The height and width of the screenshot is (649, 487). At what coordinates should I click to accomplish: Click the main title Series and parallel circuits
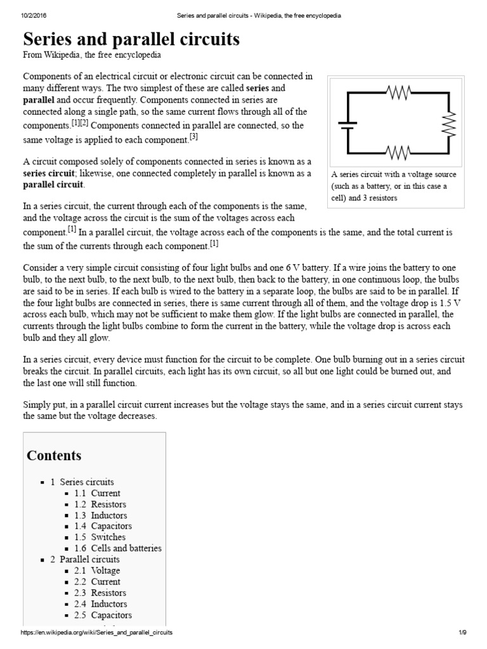(x=131, y=39)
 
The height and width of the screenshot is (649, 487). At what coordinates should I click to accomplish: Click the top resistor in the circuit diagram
(x=398, y=93)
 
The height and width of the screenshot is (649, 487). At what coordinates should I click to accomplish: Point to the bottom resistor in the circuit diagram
(x=398, y=153)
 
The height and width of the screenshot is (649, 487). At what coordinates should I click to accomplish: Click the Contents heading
(x=54, y=456)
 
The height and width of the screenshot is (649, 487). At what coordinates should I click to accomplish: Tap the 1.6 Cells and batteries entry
(x=117, y=548)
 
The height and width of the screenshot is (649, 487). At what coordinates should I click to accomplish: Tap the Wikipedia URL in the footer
(x=96, y=633)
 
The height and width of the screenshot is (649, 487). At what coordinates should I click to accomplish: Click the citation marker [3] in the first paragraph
(x=193, y=137)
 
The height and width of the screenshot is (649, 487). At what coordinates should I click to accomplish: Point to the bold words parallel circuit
(x=53, y=185)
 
